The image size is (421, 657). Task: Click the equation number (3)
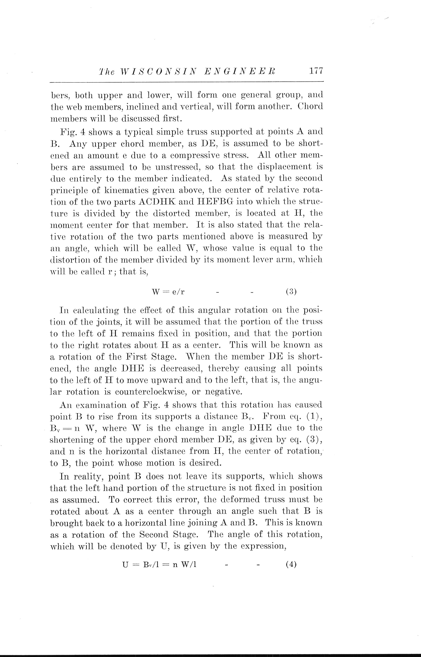pyautogui.click(x=291, y=292)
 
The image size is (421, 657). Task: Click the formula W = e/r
pyautogui.click(x=168, y=292)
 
